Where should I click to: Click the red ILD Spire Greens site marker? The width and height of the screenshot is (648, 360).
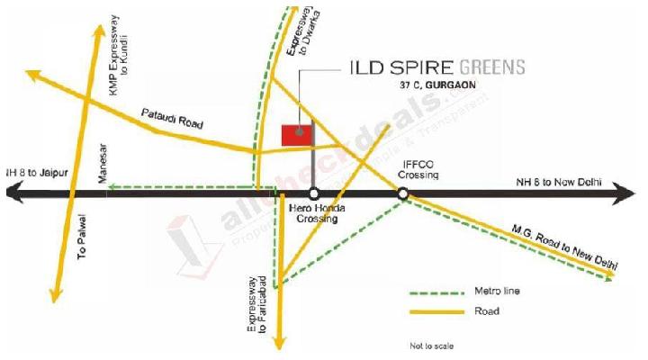point(296,134)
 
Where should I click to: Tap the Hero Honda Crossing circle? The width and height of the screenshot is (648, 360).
point(313,193)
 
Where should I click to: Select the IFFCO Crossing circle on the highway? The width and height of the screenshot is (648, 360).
point(402,193)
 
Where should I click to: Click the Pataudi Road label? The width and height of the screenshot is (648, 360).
point(173,120)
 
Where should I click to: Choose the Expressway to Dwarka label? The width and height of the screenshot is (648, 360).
point(296,33)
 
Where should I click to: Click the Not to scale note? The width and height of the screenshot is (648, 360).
point(432,346)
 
